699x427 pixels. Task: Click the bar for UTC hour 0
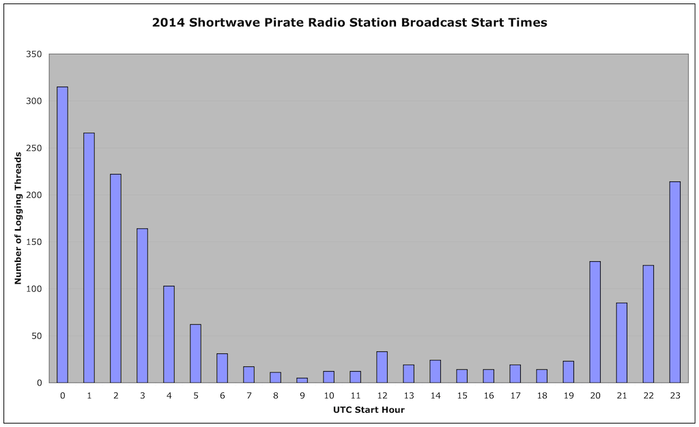click(62, 235)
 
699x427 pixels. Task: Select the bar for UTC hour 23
click(675, 282)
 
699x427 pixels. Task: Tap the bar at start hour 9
click(302, 380)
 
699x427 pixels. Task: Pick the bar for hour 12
click(382, 368)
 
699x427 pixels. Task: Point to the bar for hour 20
click(595, 322)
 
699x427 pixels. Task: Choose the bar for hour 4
click(169, 334)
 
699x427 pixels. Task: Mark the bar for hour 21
click(622, 343)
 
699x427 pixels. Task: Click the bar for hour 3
click(142, 306)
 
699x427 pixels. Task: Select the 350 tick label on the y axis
click(34, 55)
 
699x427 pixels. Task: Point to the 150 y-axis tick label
click(34, 242)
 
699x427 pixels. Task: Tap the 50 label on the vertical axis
click(37, 336)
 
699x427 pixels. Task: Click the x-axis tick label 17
click(515, 396)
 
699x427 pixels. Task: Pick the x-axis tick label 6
click(223, 396)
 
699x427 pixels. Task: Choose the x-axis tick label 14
click(436, 396)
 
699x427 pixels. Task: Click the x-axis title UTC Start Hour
click(369, 410)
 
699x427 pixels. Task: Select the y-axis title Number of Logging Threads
click(18, 218)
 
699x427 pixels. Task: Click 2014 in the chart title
click(168, 23)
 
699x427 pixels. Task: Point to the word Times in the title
click(532, 23)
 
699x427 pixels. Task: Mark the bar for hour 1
click(89, 258)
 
